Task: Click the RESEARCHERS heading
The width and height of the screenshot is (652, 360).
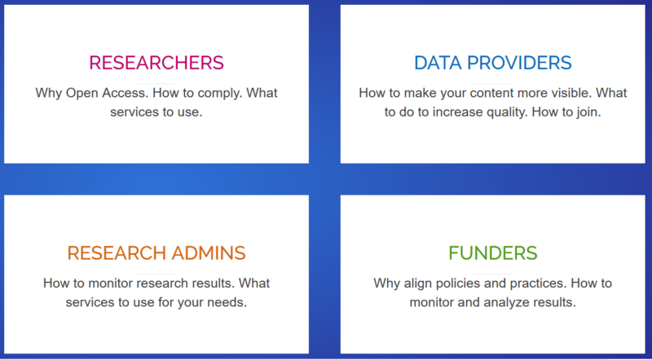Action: click(x=156, y=63)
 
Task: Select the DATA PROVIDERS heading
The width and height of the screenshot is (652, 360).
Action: click(x=492, y=63)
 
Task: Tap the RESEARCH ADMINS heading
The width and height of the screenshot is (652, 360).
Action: click(x=156, y=253)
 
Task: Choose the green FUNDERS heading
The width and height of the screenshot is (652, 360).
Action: click(x=492, y=253)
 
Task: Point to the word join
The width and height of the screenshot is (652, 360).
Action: click(x=587, y=111)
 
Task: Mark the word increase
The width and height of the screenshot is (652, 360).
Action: click(x=454, y=111)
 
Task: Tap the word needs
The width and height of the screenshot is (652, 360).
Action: click(x=228, y=302)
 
